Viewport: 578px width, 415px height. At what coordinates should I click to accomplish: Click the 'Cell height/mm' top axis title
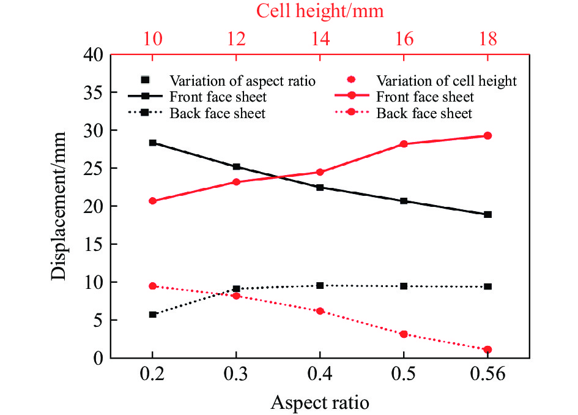[319, 10]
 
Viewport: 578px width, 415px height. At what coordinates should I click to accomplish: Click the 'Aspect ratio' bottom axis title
[320, 402]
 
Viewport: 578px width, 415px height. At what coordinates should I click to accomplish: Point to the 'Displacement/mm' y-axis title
[59, 206]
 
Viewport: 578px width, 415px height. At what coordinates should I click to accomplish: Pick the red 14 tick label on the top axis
[320, 40]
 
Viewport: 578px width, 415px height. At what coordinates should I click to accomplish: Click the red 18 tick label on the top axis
[487, 40]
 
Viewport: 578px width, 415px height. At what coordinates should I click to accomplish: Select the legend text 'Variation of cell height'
[446, 81]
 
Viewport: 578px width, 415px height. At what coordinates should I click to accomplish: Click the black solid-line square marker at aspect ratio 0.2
[153, 143]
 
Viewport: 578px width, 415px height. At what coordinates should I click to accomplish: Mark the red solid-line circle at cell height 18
[487, 136]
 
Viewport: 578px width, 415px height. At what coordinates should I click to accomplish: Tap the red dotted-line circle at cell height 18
[487, 350]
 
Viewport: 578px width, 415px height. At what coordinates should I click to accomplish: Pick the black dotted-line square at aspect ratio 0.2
[153, 315]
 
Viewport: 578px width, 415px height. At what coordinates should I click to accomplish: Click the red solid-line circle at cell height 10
[153, 201]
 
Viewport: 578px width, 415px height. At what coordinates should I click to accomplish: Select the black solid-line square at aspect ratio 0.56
[487, 214]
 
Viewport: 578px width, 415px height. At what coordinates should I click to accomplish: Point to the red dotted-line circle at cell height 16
[404, 334]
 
